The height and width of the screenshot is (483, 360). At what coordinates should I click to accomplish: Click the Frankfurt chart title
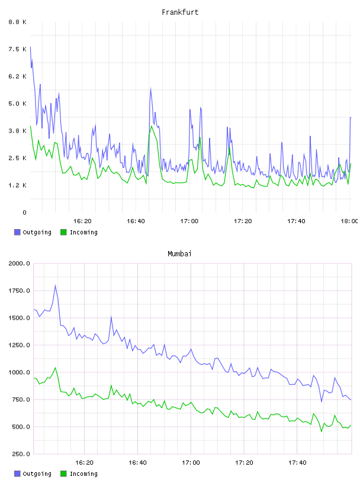click(180, 12)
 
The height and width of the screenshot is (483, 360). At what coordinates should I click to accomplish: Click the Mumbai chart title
click(179, 254)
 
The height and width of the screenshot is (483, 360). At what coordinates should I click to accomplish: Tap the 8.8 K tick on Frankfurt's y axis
click(18, 22)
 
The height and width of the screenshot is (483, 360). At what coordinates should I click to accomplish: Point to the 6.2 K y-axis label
click(18, 76)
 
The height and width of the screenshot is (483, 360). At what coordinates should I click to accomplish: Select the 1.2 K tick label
click(18, 185)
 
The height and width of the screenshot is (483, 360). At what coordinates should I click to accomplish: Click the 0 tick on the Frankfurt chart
click(24, 212)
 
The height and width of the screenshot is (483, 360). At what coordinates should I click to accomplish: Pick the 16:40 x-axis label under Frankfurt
click(136, 221)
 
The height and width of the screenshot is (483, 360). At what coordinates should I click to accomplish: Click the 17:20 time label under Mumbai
click(244, 463)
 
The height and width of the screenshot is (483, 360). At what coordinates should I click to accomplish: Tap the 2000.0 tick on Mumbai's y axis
click(19, 263)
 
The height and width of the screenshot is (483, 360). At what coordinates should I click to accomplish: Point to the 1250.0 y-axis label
click(19, 345)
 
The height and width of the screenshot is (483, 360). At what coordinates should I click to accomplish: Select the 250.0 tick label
click(21, 454)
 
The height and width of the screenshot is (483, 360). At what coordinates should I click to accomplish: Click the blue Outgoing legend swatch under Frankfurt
click(17, 232)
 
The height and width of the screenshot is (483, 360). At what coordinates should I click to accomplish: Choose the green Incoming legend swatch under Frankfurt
click(63, 232)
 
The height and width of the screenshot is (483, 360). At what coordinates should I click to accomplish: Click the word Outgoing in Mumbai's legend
click(37, 474)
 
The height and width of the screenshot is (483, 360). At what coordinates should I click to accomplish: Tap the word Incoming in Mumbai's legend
click(83, 474)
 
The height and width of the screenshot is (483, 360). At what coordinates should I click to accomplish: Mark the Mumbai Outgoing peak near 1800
click(56, 285)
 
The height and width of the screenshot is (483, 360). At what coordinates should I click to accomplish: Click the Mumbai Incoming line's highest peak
click(56, 368)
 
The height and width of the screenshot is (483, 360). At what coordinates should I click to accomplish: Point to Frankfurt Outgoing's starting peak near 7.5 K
click(30, 47)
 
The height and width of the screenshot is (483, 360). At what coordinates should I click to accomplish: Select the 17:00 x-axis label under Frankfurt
click(189, 221)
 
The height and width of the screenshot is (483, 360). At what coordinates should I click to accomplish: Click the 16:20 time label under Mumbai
click(84, 463)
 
